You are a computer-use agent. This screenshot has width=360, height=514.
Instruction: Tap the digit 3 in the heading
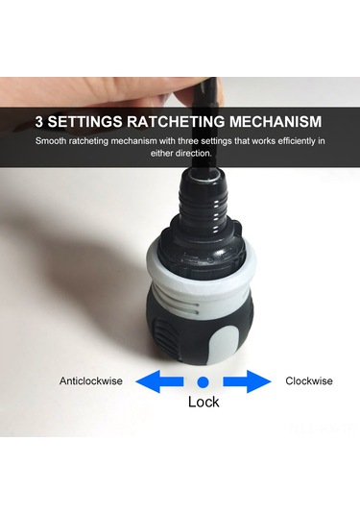pos(40,122)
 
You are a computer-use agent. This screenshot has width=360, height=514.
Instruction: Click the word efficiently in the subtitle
pos(287,141)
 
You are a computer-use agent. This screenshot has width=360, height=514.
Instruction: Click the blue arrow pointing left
pos(159,381)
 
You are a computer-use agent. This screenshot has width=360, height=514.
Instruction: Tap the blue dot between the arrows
pos(204,381)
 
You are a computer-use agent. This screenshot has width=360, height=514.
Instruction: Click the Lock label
pos(204,402)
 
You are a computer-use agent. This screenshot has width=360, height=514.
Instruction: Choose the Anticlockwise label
pos(91,381)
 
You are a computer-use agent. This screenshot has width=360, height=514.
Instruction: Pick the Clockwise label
pos(309,381)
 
